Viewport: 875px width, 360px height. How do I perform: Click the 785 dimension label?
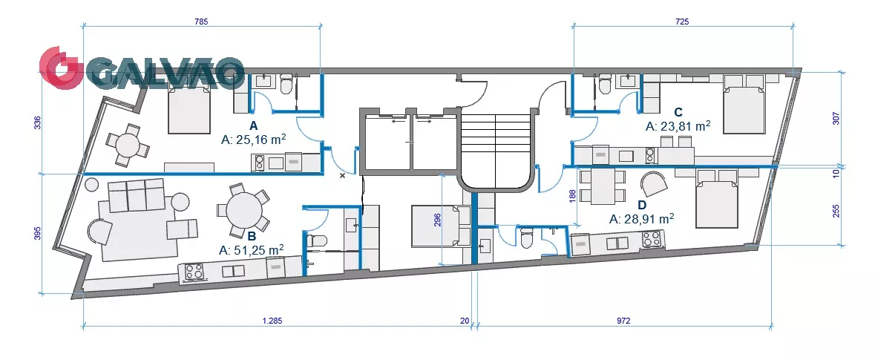(x=201, y=22)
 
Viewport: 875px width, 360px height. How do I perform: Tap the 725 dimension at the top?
(x=682, y=22)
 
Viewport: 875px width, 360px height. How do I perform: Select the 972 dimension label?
(x=623, y=321)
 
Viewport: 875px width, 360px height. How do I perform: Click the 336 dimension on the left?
(x=38, y=122)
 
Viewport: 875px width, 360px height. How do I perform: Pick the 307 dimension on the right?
(x=836, y=118)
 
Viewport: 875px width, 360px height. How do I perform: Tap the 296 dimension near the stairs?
(x=437, y=220)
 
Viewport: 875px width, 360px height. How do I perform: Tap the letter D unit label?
(x=642, y=204)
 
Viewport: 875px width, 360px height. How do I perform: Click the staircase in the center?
(x=496, y=150)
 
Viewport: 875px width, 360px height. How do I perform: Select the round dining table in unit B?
(x=244, y=210)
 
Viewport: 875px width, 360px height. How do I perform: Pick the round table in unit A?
(x=129, y=145)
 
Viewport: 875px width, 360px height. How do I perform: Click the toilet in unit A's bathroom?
(x=286, y=85)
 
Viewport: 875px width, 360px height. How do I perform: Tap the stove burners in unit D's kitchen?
(x=650, y=239)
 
